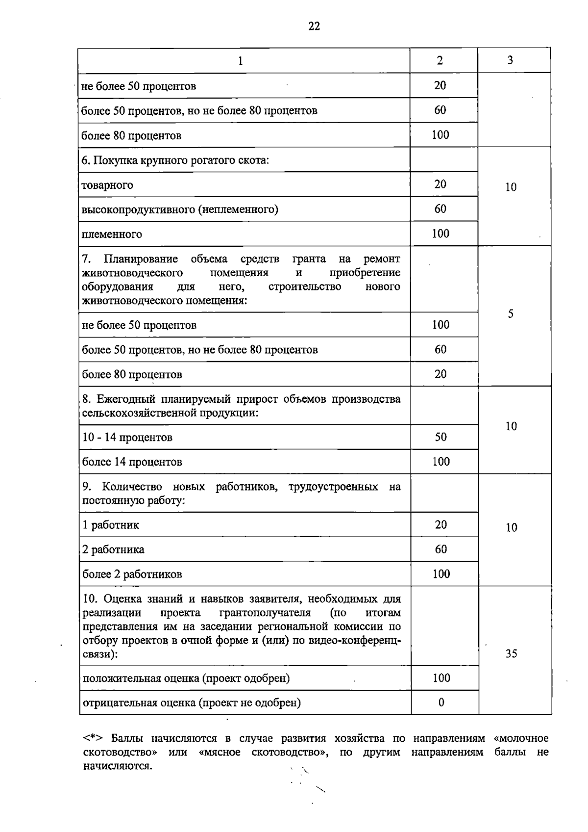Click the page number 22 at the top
point(314,26)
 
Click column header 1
point(240,61)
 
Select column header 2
point(440,60)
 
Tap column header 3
point(510,60)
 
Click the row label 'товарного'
point(107,185)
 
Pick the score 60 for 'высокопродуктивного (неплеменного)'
point(440,209)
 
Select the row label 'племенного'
point(112,234)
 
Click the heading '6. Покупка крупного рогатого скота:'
point(175,160)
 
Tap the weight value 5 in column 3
point(511,314)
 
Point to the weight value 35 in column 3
point(511,653)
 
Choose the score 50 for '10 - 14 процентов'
point(441,437)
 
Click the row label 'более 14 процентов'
point(132,462)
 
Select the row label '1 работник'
point(111,525)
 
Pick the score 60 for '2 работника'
point(441,549)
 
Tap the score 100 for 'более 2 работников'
point(441,574)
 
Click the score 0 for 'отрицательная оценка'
point(441,702)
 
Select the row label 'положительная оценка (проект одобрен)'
point(186,678)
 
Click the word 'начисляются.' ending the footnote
point(118,766)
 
